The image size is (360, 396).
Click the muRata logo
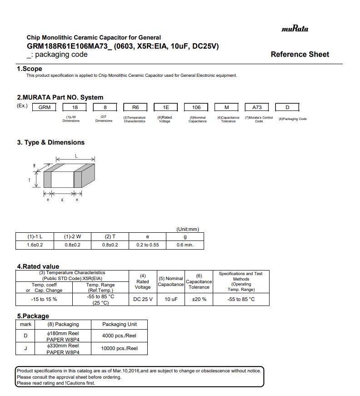[x=295, y=29]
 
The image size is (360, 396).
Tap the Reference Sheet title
[x=300, y=54]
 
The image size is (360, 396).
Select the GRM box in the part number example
[x=44, y=107]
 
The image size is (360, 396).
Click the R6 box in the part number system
[x=135, y=107]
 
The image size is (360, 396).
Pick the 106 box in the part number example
[x=196, y=107]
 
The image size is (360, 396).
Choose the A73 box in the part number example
[x=257, y=107]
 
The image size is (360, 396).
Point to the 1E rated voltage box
[x=166, y=107]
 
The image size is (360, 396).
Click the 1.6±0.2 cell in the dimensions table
[x=35, y=245]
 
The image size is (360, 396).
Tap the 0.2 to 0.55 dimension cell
[x=147, y=245]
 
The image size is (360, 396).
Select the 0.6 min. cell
[x=185, y=245]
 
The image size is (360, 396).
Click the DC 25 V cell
[x=143, y=299]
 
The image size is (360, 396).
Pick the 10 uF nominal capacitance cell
[x=171, y=299]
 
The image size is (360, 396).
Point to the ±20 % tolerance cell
[x=199, y=299]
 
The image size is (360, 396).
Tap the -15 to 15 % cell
[x=44, y=299]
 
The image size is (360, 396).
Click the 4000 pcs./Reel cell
[x=119, y=336]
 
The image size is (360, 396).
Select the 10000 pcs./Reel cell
[x=119, y=348]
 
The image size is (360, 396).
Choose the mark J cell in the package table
[x=26, y=348]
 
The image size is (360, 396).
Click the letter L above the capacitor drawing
[x=76, y=155]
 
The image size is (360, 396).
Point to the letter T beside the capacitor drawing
[x=30, y=180]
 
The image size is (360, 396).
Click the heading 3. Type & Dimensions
[x=51, y=142]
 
